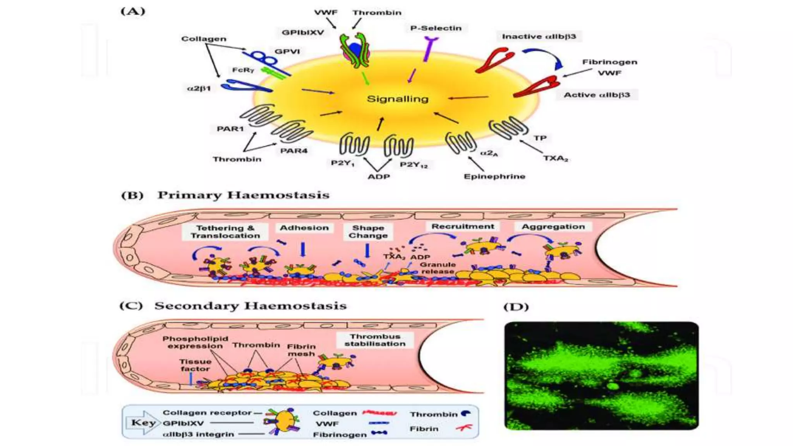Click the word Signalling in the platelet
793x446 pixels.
(x=398, y=99)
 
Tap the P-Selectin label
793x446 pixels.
(x=436, y=28)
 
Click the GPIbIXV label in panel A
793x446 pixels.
(x=302, y=33)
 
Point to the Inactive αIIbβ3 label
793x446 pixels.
(x=539, y=36)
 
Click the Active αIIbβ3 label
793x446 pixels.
(x=596, y=95)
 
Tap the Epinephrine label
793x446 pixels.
(x=494, y=177)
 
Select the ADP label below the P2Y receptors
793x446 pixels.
(x=379, y=177)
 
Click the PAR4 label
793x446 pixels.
(x=294, y=151)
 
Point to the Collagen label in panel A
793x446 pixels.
(x=204, y=39)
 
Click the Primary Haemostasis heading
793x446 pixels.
(x=243, y=195)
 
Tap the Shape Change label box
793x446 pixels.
(x=368, y=232)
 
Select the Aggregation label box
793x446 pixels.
(x=553, y=226)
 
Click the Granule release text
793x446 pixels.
(x=438, y=268)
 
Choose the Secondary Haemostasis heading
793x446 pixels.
(x=250, y=306)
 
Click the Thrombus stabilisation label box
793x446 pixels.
(x=375, y=340)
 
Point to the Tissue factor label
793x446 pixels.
(x=195, y=365)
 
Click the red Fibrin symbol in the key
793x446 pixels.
(x=464, y=428)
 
